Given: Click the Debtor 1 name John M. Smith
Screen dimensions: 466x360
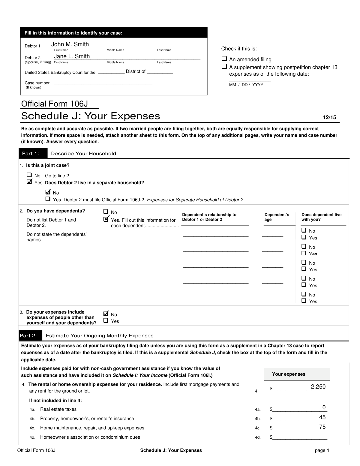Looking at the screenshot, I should (x=70, y=44).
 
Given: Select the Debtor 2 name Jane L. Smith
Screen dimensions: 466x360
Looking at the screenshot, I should (x=72, y=56).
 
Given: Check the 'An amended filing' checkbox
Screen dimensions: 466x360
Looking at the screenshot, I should (x=224, y=59).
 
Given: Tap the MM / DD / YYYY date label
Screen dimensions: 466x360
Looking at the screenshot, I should (x=246, y=85).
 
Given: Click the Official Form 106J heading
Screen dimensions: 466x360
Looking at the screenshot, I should (x=54, y=104).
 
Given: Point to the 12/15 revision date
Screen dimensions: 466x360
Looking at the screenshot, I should (x=329, y=118).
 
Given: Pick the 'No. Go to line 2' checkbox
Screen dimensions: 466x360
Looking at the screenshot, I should (x=29, y=175).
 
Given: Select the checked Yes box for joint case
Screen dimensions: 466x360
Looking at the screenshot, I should (x=29, y=182).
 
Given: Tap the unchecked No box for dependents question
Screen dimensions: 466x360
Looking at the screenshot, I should (x=106, y=212).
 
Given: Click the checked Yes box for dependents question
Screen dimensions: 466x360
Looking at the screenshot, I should (x=106, y=219).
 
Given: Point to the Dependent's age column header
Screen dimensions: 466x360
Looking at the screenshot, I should (x=277, y=217).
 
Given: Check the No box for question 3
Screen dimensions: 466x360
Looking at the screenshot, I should (x=106, y=314).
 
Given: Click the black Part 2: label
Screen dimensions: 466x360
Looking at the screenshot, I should (x=28, y=336).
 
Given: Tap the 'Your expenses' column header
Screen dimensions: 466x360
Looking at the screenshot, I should (x=289, y=374).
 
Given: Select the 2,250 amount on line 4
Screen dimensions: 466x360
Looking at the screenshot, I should (x=318, y=387).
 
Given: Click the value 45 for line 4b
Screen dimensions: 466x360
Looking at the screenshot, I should (x=322, y=417).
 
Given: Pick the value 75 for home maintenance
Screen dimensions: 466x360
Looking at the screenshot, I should (x=322, y=427).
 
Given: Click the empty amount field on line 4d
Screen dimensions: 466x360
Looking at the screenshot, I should (x=300, y=437).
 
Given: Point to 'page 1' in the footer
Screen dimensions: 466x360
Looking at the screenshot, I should (x=322, y=450).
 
